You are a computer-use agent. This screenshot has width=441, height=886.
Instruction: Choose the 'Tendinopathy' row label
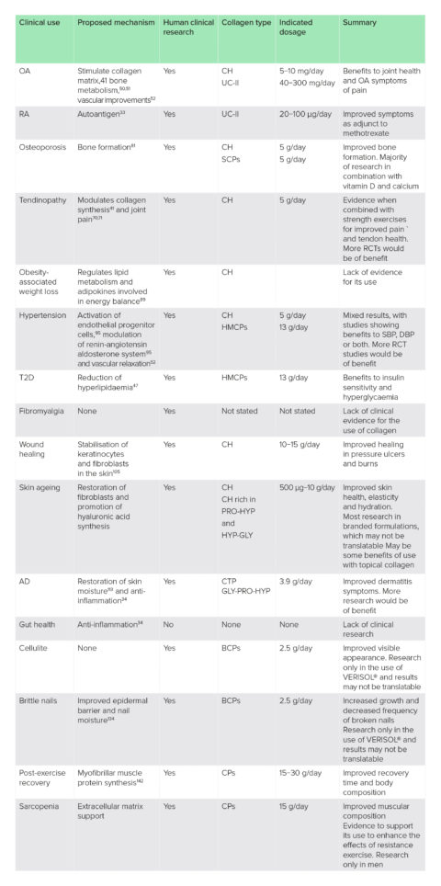44,199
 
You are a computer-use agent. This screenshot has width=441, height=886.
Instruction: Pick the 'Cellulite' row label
35,645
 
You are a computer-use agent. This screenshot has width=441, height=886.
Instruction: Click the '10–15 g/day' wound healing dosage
303,444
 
